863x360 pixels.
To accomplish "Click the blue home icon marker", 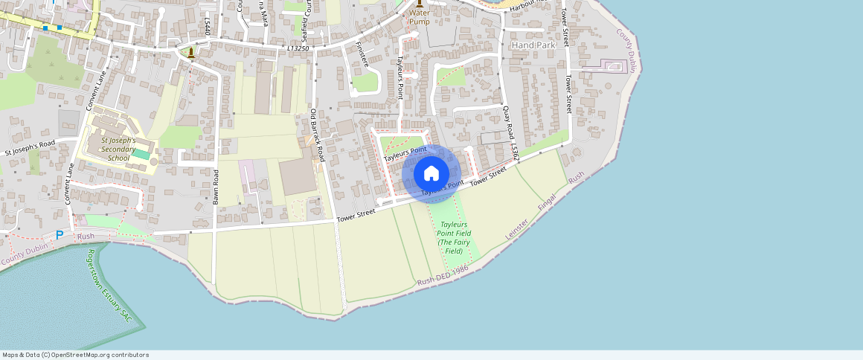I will pyautogui.click(x=431, y=174).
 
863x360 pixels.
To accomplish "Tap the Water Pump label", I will pyautogui.click(x=419, y=17).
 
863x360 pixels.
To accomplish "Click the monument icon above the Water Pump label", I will pyautogui.click(x=419, y=3).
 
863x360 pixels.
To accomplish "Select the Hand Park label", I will pyautogui.click(x=534, y=45).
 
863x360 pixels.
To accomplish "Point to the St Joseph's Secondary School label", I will pyautogui.click(x=119, y=149).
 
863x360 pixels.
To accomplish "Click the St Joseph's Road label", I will pyautogui.click(x=30, y=147).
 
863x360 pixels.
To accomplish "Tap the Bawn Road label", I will pyautogui.click(x=216, y=187).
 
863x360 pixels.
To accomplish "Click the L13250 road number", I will pyautogui.click(x=298, y=48).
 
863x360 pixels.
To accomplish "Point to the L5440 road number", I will pyautogui.click(x=205, y=28).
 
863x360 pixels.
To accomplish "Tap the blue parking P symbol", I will pyautogui.click(x=60, y=235).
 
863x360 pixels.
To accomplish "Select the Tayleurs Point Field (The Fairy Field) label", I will pyautogui.click(x=455, y=237).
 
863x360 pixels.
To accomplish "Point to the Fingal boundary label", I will pyautogui.click(x=547, y=202).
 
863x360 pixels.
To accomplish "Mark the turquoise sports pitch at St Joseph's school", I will pyautogui.click(x=141, y=153).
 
